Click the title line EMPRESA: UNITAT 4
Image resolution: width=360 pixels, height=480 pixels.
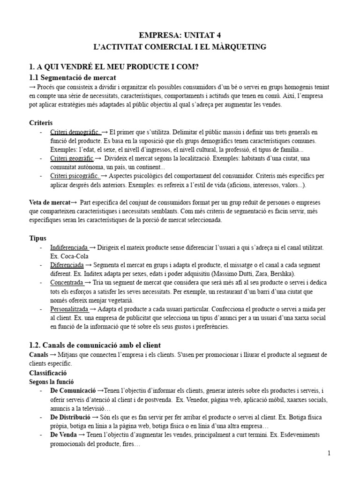[180, 35]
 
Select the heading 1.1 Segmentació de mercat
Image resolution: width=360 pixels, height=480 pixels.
[72, 77]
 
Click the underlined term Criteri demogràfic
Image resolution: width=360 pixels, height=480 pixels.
[75, 132]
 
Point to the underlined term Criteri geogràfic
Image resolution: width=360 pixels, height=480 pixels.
[72, 158]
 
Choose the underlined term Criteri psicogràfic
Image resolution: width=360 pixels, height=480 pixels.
[75, 176]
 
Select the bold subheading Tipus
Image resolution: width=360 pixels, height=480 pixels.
[37, 238]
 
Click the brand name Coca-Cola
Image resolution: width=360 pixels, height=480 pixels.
[74, 256]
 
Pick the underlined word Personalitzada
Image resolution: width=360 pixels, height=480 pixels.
[69, 309]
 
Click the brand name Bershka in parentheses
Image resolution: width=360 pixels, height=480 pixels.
[280, 274]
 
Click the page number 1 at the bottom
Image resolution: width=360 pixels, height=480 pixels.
[330, 453]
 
